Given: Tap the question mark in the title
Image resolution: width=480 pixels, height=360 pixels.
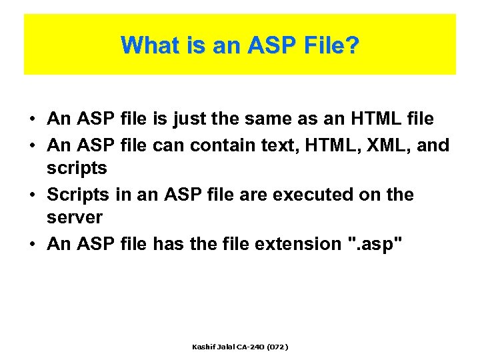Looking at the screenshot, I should [353, 45].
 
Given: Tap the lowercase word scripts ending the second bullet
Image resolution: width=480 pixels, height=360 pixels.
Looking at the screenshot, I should [77, 169].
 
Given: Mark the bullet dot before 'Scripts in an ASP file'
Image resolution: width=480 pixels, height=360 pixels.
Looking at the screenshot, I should [32, 195].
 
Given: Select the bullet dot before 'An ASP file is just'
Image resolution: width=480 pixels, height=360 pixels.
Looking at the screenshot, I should [32, 120].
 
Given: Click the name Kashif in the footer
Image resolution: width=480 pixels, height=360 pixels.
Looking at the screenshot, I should [203, 347].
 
